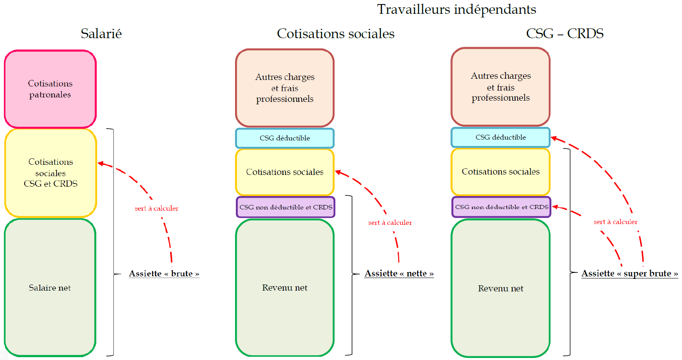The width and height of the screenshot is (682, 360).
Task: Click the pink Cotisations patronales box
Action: (50, 89)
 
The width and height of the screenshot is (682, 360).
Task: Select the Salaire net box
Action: (50, 288)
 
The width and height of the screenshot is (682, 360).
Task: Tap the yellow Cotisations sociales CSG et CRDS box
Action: (50, 172)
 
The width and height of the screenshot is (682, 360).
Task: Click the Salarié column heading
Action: (101, 34)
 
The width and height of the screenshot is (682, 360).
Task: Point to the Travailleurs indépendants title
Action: (456, 9)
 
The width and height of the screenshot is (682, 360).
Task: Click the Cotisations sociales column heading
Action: (335, 34)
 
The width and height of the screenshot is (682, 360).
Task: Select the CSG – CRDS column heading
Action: (564, 34)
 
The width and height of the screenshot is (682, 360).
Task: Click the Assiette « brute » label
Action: (164, 274)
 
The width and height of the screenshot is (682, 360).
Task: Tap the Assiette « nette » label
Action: (399, 274)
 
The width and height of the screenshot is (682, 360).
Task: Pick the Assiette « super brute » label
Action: (629, 274)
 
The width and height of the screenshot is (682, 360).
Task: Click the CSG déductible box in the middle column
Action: (285, 138)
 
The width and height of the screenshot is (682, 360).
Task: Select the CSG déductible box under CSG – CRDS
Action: (501, 137)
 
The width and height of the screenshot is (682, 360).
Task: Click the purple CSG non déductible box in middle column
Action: (285, 207)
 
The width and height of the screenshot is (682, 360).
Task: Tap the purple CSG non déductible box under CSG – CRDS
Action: (501, 207)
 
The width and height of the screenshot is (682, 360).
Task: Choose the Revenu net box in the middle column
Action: (285, 288)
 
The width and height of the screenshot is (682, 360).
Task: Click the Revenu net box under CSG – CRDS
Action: (501, 289)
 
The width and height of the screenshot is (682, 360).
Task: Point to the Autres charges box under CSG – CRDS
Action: (501, 87)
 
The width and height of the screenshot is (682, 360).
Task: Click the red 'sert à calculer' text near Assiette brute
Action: (156, 208)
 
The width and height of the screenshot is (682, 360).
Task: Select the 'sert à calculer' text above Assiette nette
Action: (390, 222)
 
